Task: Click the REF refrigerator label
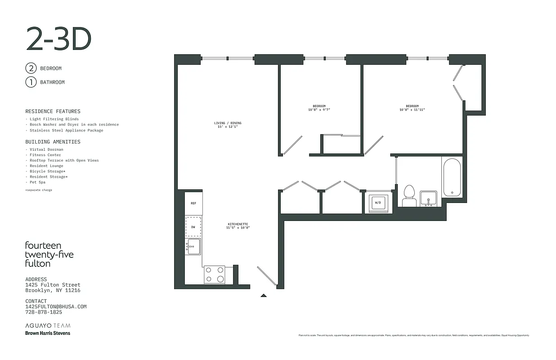pyautogui.click(x=193, y=203)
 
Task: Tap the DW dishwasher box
pyautogui.click(x=193, y=226)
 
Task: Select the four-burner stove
pyautogui.click(x=215, y=274)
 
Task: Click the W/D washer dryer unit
pyautogui.click(x=378, y=203)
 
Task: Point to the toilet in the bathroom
pyautogui.click(x=409, y=196)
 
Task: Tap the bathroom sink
pyautogui.click(x=428, y=198)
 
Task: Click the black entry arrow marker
pyautogui.click(x=264, y=296)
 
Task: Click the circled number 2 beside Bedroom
pyautogui.click(x=31, y=68)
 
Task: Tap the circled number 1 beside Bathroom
pyautogui.click(x=31, y=82)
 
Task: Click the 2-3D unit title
pyautogui.click(x=58, y=39)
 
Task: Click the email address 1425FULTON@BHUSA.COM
pyautogui.click(x=56, y=306)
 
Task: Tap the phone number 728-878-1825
pyautogui.click(x=44, y=312)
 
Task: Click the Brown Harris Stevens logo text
pyautogui.click(x=48, y=333)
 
